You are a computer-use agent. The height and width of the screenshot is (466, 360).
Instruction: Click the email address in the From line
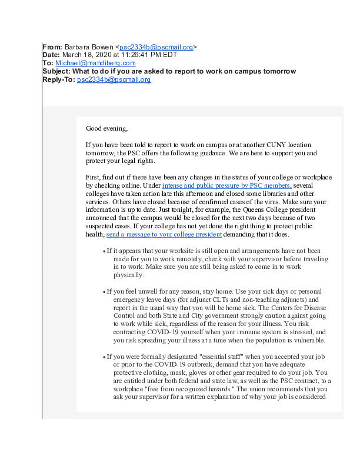156,47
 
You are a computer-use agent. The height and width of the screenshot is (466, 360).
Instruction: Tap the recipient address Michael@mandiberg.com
95,64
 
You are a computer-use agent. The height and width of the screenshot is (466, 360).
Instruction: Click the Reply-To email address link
114,80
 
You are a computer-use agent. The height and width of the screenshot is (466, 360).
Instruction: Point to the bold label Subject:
59,72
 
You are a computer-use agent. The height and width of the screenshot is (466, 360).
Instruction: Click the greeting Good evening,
106,128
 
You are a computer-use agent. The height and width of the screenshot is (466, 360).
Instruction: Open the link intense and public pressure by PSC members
226,186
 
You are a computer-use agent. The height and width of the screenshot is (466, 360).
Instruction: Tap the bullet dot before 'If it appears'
104,251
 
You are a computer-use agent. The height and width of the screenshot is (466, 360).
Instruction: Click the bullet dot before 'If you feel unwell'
104,292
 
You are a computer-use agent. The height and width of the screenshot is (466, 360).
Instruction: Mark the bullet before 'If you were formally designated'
104,357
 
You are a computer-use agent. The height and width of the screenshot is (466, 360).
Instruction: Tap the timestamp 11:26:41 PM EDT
143,55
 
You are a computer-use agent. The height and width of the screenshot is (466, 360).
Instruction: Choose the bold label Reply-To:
59,80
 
